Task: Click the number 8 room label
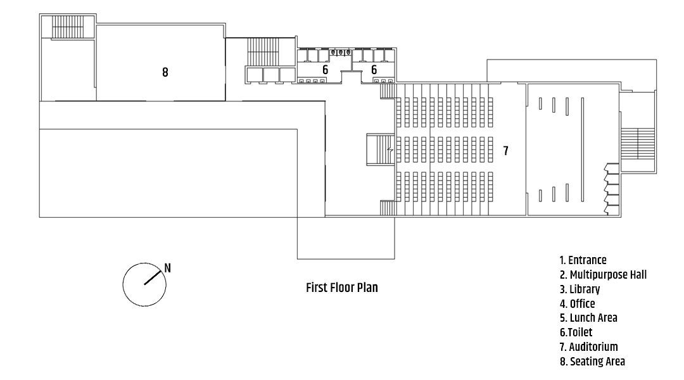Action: (165, 72)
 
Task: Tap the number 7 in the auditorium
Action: (505, 151)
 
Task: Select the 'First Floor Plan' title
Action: (341, 288)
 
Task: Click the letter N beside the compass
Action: (167, 268)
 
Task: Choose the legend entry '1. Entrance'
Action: (583, 260)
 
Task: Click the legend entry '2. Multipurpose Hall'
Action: (604, 274)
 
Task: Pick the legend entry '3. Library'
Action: (579, 289)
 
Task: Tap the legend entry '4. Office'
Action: (577, 303)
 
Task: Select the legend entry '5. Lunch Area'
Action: (588, 317)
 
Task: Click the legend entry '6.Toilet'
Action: (576, 332)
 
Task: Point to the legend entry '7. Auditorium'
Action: (588, 347)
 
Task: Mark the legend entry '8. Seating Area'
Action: (592, 361)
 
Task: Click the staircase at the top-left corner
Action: (67, 27)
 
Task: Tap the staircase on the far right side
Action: (638, 144)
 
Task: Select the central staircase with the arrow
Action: (380, 149)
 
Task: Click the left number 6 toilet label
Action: (325, 70)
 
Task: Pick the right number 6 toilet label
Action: (374, 70)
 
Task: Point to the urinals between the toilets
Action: (341, 53)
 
